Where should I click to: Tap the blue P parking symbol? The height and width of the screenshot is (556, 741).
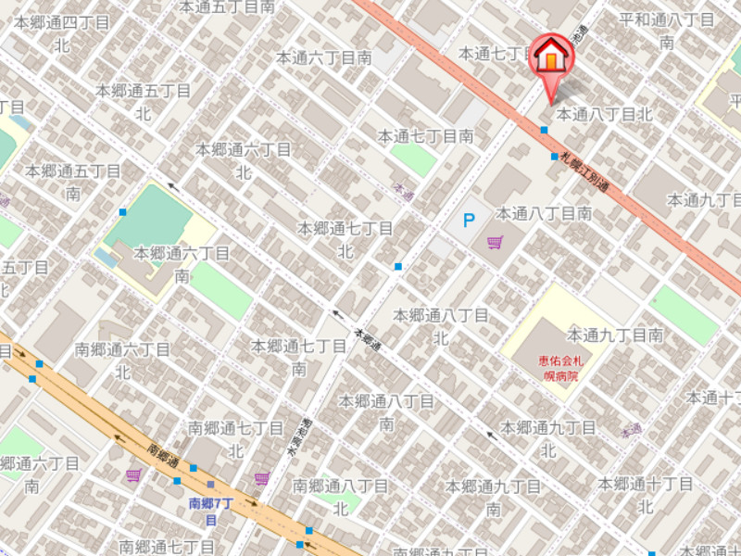[x=469, y=221]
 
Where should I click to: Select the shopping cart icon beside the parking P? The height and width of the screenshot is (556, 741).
[x=496, y=243]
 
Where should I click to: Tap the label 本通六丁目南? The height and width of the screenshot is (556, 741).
[x=324, y=57]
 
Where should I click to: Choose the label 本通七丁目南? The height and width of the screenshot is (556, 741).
[x=425, y=136]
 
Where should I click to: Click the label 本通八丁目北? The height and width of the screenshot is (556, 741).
[x=605, y=115]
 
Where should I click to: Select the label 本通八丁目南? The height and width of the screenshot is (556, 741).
[x=544, y=213]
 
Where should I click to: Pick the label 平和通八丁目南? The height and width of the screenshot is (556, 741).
[x=667, y=31]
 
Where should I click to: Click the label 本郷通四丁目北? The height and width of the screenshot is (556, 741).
[x=62, y=33]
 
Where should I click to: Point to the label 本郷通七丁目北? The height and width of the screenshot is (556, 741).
[x=345, y=239]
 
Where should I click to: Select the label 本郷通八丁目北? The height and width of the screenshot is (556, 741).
[x=441, y=326]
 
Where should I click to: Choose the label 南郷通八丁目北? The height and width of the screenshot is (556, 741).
[x=340, y=497]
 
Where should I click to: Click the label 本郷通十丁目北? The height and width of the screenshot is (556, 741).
[x=646, y=495]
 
